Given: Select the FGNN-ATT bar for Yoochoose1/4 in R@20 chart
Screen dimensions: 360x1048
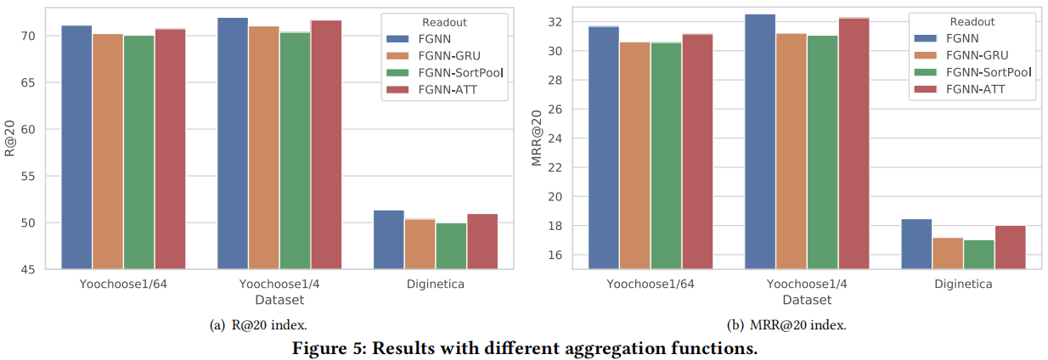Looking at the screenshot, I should coord(326,144).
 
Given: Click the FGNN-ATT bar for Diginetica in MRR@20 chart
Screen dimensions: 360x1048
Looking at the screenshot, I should coord(1011,247).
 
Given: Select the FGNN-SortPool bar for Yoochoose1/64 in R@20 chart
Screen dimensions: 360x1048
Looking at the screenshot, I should coord(139,152).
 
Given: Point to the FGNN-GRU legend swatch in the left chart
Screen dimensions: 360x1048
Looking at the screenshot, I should coord(397,55).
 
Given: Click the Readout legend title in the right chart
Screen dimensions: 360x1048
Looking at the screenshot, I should coord(972,23).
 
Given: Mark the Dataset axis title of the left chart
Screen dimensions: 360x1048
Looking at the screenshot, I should coord(279,300).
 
